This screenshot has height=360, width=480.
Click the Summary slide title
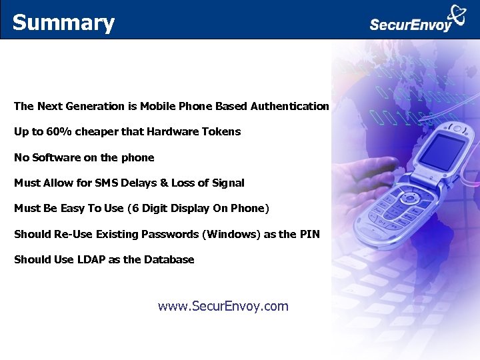tap(63, 23)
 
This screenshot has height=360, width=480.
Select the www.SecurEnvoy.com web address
tap(223, 306)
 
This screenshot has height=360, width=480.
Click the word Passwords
tap(170, 234)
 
